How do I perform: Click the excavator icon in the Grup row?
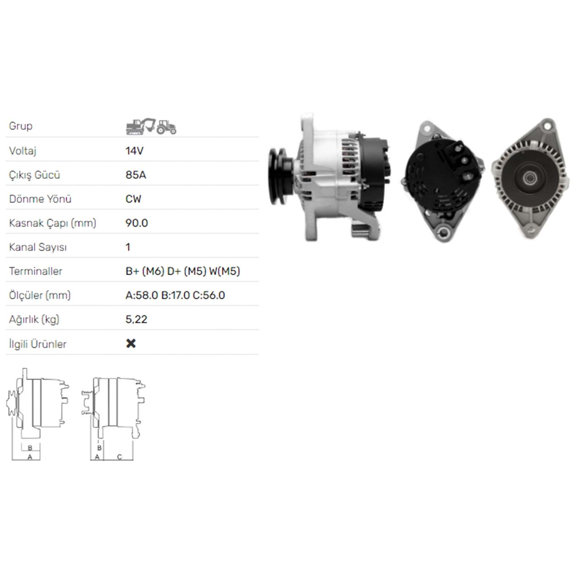pyautogui.click(x=141, y=126)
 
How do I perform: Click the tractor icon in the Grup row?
pyautogui.click(x=166, y=127)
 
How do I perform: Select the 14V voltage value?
pyautogui.click(x=134, y=151)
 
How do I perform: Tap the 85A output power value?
pyautogui.click(x=136, y=175)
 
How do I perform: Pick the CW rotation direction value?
pyautogui.click(x=133, y=199)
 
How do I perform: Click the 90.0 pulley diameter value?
pyautogui.click(x=137, y=223)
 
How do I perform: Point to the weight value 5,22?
pyautogui.click(x=136, y=319)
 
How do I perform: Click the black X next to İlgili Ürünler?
pyautogui.click(x=131, y=343)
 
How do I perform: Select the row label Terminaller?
pyautogui.click(x=35, y=271)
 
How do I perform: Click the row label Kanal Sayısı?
pyautogui.click(x=38, y=247)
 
